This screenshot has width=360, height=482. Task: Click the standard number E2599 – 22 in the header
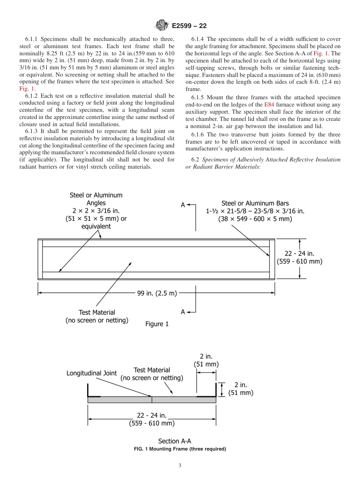(x=189, y=26)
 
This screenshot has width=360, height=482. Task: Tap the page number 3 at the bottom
(x=180, y=466)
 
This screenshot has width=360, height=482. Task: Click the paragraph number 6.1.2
(x=33, y=96)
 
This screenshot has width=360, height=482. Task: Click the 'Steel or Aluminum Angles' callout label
(x=96, y=199)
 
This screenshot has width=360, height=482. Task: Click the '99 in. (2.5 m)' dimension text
(x=157, y=293)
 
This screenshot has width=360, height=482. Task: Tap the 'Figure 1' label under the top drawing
(x=157, y=324)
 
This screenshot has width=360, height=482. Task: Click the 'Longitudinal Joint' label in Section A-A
(x=92, y=373)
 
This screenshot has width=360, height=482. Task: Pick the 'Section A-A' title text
(x=175, y=441)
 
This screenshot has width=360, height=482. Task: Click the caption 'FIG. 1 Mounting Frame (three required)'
(x=180, y=449)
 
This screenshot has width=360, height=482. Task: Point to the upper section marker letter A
(x=183, y=205)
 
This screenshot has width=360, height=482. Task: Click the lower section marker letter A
(x=183, y=312)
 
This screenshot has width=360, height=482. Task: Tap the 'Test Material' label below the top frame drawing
(x=97, y=313)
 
